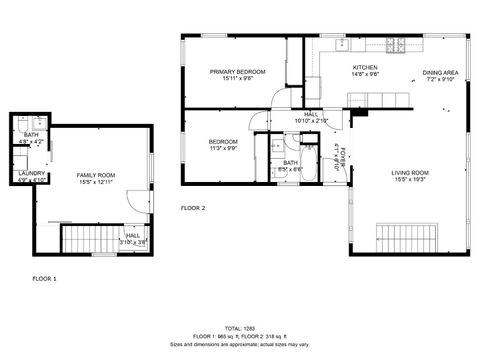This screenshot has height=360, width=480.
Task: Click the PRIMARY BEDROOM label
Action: tap(237, 72)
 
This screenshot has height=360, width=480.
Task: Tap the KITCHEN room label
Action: tap(364, 67)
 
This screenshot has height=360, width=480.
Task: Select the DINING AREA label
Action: tap(440, 73)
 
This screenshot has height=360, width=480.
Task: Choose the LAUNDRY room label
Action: tap(31, 174)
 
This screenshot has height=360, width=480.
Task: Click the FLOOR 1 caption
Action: tap(45, 278)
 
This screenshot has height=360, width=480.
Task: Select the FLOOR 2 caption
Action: tap(193, 208)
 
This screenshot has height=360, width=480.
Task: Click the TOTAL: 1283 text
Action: tap(239, 328)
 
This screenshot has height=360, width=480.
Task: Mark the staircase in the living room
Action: tap(405, 239)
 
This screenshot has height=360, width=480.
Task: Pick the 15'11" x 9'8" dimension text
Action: tap(237, 79)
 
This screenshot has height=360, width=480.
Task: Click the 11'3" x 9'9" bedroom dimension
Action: tap(223, 149)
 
